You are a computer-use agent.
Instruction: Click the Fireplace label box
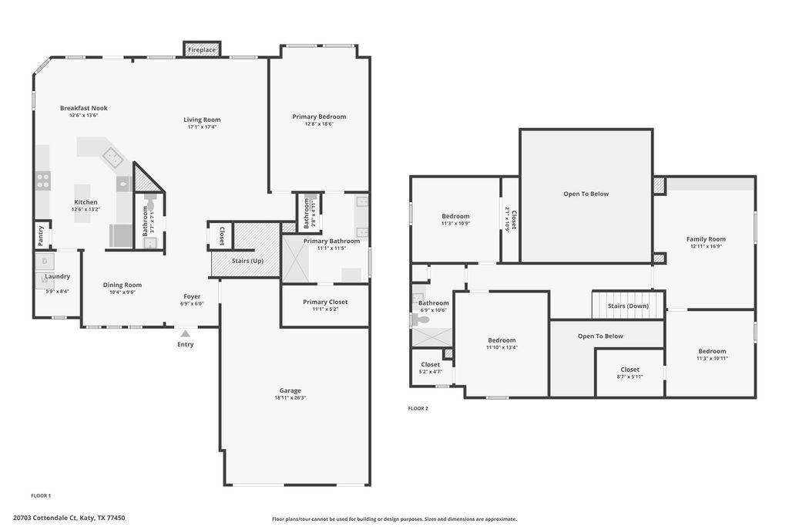pos(202,49)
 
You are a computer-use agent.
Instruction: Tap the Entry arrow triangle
pos(185,333)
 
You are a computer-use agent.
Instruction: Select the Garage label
pos(290,390)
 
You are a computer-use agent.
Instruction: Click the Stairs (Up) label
pos(247,261)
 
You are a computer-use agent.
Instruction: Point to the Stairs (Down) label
pos(628,306)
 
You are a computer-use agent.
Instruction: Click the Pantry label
pos(41,235)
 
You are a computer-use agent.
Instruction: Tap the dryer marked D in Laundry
pos(45,261)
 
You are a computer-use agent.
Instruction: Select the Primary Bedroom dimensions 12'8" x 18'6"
pos(319,124)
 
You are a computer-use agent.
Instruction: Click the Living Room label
pos(202,120)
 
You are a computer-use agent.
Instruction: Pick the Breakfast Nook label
pos(83,108)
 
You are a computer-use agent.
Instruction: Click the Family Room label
pos(706,239)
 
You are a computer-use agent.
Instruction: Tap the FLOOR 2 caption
pos(418,409)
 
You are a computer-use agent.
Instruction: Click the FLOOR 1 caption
pos(42,496)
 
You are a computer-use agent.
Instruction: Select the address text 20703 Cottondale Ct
pos(45,518)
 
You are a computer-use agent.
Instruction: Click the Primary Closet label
pos(325,302)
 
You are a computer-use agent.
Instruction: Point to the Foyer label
pos(192,297)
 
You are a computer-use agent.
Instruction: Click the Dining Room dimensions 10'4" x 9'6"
pos(123,292)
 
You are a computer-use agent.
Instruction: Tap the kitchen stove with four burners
pos(43,181)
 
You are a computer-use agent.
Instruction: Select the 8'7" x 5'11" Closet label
pos(630,377)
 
